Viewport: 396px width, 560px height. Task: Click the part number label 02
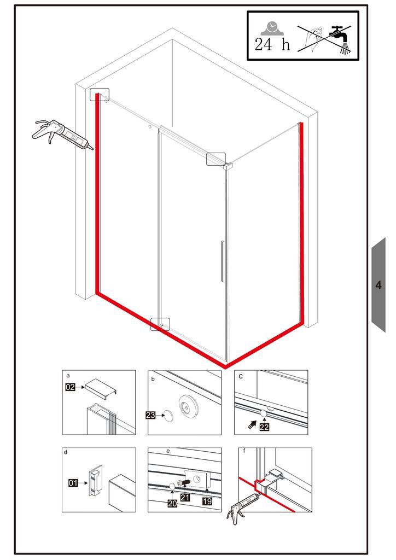pyautogui.click(x=71, y=387)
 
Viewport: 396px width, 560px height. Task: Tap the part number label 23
pyautogui.click(x=150, y=415)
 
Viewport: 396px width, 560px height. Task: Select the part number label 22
pyautogui.click(x=264, y=427)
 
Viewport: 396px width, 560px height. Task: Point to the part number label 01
pyautogui.click(x=73, y=483)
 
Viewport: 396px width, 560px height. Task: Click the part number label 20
pyautogui.click(x=173, y=503)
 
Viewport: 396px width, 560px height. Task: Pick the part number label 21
pyautogui.click(x=185, y=497)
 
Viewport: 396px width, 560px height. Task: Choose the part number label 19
pyautogui.click(x=207, y=501)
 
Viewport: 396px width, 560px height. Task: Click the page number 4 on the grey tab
pyautogui.click(x=378, y=285)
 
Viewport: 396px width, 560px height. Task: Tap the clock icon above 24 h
pyautogui.click(x=272, y=28)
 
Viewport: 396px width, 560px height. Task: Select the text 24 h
pyautogui.click(x=272, y=45)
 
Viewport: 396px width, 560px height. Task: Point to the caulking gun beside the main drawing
pyautogui.click(x=63, y=135)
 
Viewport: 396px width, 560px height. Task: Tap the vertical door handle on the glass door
pyautogui.click(x=222, y=261)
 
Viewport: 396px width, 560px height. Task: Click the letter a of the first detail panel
pyautogui.click(x=68, y=376)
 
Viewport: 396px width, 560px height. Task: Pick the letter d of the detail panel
pyautogui.click(x=65, y=452)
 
